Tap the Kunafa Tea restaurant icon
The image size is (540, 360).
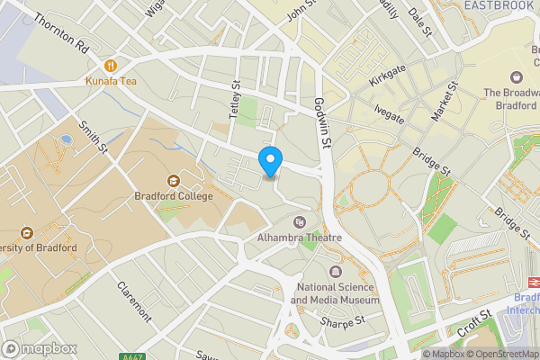[x=111, y=65]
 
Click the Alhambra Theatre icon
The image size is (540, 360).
[x=300, y=221]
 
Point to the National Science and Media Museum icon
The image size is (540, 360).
[x=336, y=272]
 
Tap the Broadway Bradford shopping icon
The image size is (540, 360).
[x=517, y=77]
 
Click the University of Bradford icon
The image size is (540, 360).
[x=25, y=233]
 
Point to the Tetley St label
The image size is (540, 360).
[x=237, y=99]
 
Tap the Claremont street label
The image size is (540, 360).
[x=133, y=302]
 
